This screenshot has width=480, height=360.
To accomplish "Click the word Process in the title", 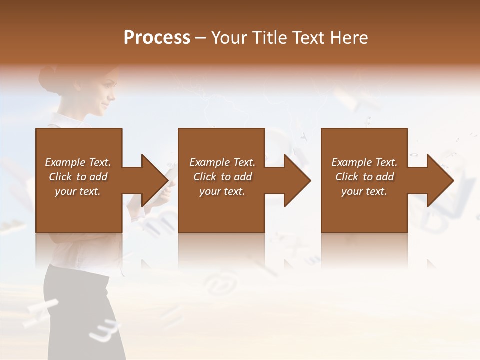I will [157, 38].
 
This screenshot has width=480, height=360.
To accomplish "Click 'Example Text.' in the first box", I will [78, 162].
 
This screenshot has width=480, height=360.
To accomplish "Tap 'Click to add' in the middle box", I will [222, 177].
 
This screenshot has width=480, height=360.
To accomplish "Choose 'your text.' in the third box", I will [364, 191].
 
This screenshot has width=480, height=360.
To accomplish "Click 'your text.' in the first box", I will [78, 191].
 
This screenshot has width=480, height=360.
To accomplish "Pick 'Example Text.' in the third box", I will [364, 162].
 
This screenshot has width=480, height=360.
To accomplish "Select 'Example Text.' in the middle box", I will [222, 162].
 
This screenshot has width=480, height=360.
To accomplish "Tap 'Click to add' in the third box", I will [364, 177].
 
